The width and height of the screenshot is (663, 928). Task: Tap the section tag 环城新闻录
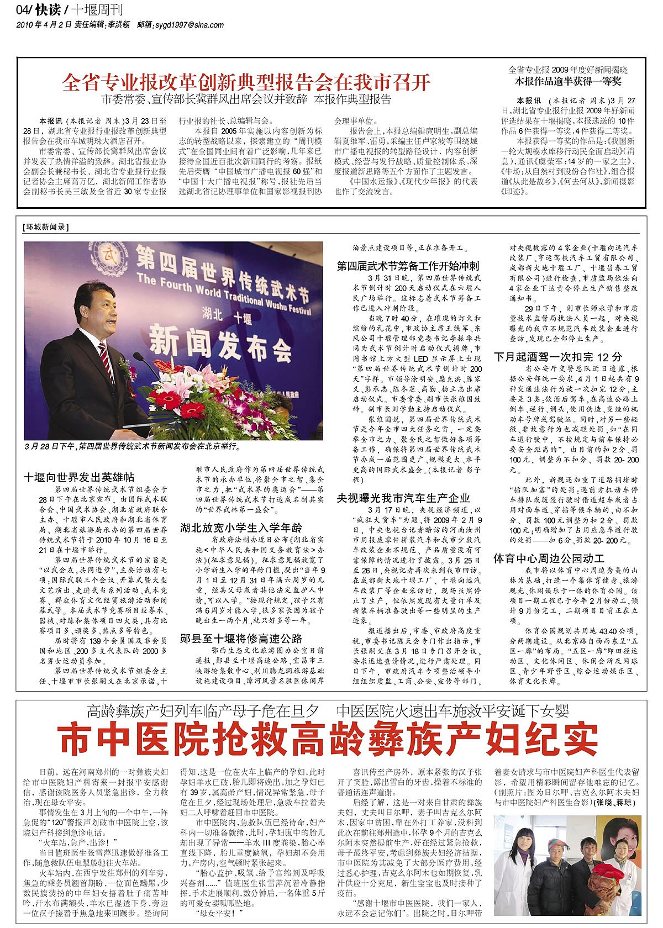(45, 227)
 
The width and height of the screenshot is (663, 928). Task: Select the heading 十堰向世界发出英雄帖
(79, 477)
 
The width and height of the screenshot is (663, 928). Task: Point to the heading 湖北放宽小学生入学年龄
(241, 528)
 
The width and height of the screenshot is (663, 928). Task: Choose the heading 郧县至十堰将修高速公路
(241, 639)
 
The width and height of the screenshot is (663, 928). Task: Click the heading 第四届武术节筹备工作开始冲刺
(408, 266)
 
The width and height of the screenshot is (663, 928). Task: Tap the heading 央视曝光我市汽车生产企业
(403, 498)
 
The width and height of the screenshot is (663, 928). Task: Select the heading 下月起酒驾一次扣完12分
(558, 356)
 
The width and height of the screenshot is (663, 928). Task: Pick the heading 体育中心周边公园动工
(549, 558)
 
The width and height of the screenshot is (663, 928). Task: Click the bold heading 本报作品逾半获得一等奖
(569, 81)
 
